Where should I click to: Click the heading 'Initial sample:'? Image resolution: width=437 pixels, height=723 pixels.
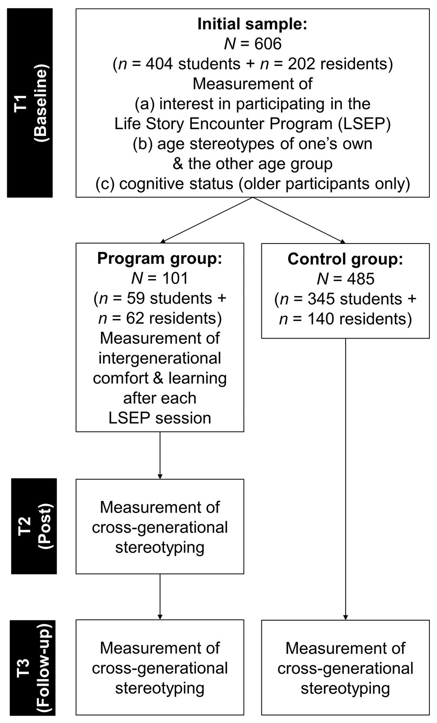[252, 24]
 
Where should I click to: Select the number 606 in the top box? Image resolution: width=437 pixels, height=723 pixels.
[268, 44]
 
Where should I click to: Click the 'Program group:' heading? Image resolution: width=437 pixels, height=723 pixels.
[160, 258]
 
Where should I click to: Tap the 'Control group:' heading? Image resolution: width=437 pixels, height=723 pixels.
[345, 259]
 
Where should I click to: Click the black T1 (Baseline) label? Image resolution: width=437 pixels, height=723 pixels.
[30, 103]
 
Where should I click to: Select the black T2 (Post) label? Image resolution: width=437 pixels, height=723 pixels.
[34, 526]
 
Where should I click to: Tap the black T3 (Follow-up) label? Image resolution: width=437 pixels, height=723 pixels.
[32, 667]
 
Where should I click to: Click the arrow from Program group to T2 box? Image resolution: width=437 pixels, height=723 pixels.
[160, 455]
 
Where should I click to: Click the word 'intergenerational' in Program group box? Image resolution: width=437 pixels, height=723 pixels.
[160, 358]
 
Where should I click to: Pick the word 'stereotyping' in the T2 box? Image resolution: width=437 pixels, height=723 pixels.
[160, 548]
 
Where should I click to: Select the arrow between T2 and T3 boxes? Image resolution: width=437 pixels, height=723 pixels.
[160, 597]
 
